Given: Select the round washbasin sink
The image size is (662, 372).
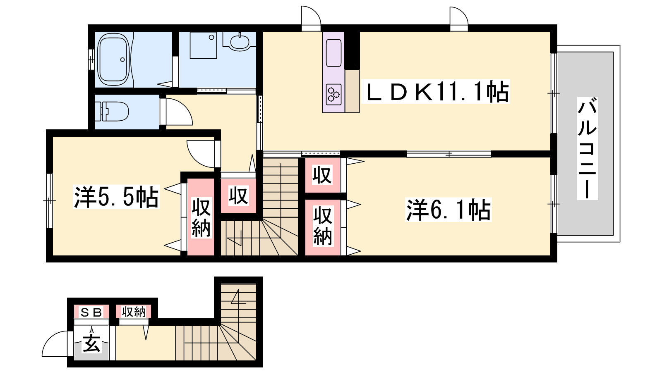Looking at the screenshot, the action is [239, 42].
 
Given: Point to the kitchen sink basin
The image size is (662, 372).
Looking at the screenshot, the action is [333, 53].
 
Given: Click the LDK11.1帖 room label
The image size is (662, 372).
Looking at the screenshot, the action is [436, 91].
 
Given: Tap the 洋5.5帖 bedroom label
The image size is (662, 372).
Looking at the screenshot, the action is [116, 197].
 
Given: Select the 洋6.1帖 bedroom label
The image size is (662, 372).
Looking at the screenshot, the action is [449, 210].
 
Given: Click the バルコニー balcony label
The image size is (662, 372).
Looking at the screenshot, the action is [588, 148].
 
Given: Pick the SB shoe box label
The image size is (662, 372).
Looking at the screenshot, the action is [91, 312].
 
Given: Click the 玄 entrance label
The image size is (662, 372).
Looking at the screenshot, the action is [91, 343].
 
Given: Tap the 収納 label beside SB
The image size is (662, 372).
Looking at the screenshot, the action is [134, 312].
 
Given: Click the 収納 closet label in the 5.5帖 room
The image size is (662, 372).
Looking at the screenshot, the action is [201, 218].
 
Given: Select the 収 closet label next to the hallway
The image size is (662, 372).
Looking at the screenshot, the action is [238, 196].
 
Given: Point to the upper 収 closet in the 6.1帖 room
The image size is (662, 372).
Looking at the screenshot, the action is [322, 175].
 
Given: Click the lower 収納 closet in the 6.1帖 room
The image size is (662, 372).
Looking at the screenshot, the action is [322, 226].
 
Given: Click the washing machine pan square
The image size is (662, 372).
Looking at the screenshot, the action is [203, 45].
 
